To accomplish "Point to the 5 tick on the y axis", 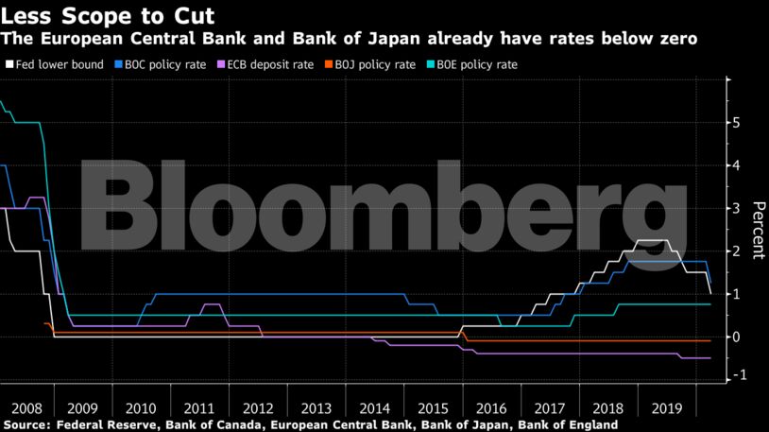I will [735, 123].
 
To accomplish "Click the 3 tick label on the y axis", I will [735, 209].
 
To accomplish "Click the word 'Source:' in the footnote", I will [28, 424].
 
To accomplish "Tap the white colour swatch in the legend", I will [9, 64].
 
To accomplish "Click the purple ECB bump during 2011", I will [213, 304].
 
